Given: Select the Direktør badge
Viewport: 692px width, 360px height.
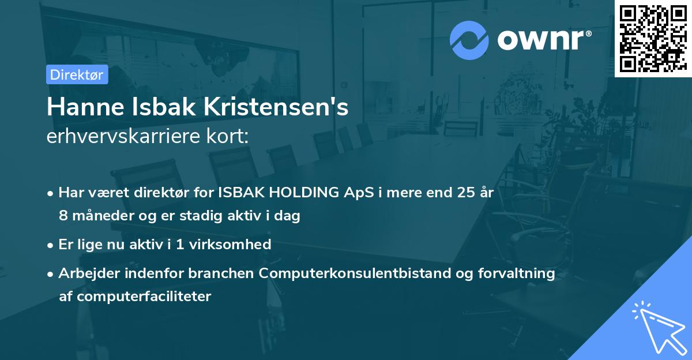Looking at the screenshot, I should (x=77, y=74).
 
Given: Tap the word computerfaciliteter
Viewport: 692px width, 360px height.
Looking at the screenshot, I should (x=135, y=297).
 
